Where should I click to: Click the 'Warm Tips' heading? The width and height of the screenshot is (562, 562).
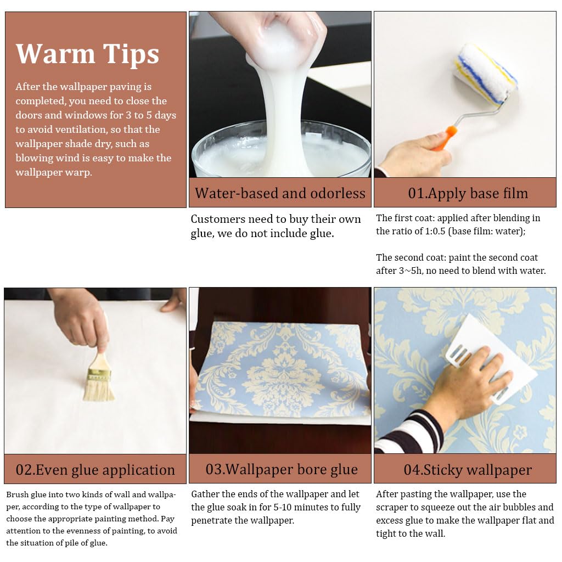(x=87, y=54)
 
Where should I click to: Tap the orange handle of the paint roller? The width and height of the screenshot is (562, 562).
(x=445, y=138)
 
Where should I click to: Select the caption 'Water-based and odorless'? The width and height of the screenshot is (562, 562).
(x=280, y=193)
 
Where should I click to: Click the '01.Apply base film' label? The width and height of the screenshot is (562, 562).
(x=468, y=193)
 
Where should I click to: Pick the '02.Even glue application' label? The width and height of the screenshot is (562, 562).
(x=95, y=470)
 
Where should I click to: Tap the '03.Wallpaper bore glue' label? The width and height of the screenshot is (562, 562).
(x=282, y=469)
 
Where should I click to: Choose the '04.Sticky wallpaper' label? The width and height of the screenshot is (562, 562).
(x=468, y=470)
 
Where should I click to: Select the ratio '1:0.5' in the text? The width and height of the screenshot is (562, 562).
(x=435, y=231)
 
